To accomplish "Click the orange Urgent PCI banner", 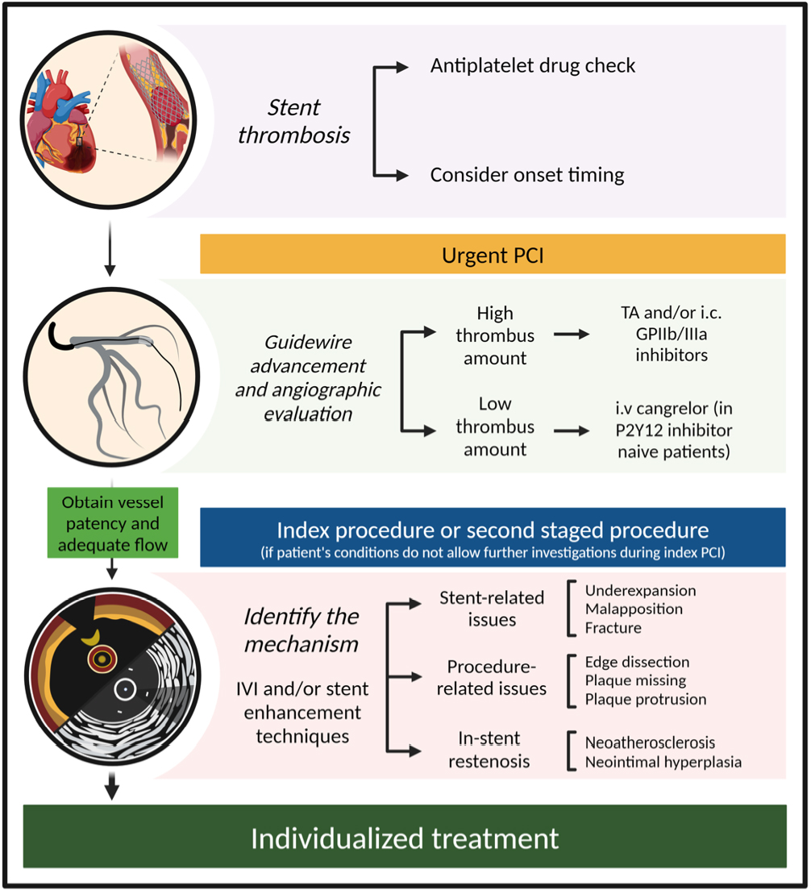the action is (493, 254).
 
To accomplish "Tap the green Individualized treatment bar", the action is (405, 836).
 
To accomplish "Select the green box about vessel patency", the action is (112, 522).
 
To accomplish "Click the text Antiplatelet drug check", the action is (532, 66).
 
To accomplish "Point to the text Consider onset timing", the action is (526, 175).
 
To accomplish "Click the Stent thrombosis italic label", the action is (294, 121).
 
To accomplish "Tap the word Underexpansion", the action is (640, 591).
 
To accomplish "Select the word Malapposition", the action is (634, 609).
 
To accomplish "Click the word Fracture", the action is (613, 628).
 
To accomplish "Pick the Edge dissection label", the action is (637, 662).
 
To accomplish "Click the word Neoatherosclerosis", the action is (650, 742).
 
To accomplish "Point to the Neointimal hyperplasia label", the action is (663, 762).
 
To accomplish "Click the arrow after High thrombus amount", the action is (572, 335).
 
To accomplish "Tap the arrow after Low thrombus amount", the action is (572, 431).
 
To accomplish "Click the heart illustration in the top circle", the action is (60, 121).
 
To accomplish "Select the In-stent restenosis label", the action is (489, 749).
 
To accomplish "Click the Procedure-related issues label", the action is (492, 677).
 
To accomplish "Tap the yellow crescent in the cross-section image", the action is (91, 638).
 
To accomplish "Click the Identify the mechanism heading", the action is (302, 630).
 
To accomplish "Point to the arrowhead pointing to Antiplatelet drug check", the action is (402, 67).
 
